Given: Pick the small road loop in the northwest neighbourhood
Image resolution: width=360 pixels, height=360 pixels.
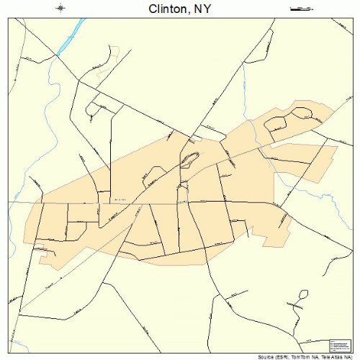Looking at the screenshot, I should pyautogui.click(x=93, y=109).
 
